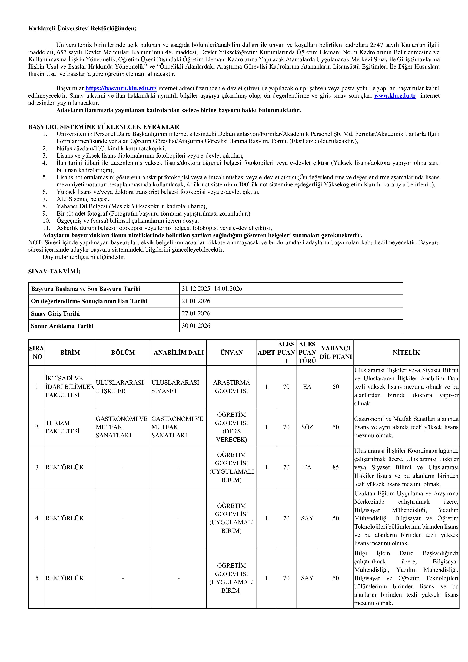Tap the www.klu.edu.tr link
click(395, 96)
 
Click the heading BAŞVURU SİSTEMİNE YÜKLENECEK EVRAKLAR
click(104, 127)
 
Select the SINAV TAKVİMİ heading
click(54, 272)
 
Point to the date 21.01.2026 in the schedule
click(196, 301)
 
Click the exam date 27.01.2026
click(196, 313)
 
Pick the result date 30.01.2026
click(196, 326)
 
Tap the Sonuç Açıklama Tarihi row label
click(62, 326)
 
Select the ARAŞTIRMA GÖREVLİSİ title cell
click(231, 387)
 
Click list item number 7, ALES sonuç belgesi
click(83, 199)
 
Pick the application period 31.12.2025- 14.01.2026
click(212, 289)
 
